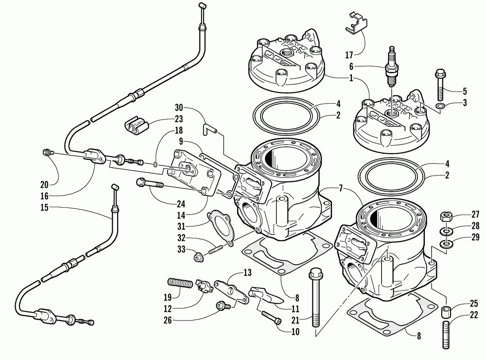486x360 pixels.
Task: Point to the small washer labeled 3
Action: (440, 106)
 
